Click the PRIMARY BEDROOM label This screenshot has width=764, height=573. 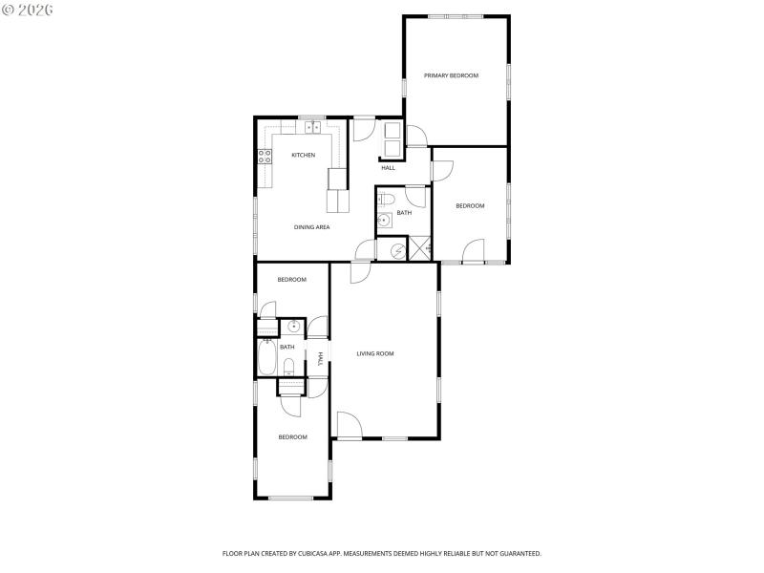451,75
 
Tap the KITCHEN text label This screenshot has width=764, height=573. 304,155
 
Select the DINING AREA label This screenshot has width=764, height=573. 311,227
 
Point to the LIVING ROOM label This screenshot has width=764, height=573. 375,353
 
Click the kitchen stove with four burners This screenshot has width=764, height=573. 264,157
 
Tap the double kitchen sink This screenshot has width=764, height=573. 312,126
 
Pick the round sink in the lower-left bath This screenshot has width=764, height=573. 293,328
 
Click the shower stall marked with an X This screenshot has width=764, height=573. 420,249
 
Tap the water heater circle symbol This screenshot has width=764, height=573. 393,250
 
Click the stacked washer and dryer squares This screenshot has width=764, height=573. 393,139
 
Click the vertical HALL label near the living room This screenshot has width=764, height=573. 320,358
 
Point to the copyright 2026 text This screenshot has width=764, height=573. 28,10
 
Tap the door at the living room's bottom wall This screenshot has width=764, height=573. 349,426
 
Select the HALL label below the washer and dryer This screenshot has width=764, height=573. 388,168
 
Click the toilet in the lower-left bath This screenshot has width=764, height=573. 288,366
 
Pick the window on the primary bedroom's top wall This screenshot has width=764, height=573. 455,16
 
